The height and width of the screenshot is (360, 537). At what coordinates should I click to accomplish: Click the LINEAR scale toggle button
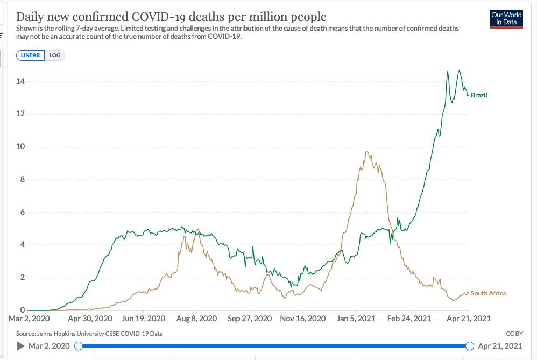click(x=31, y=55)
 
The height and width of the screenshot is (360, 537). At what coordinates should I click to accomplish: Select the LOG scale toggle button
click(x=55, y=55)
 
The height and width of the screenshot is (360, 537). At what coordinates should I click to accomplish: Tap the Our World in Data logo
click(x=506, y=18)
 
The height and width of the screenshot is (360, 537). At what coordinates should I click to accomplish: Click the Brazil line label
click(x=479, y=95)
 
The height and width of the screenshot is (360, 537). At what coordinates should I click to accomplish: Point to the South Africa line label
click(x=488, y=293)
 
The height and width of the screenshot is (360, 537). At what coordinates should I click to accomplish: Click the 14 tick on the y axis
click(x=20, y=82)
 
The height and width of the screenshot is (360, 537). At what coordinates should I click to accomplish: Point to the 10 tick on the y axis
click(x=20, y=147)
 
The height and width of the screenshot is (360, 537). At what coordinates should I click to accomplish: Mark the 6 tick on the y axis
click(x=22, y=213)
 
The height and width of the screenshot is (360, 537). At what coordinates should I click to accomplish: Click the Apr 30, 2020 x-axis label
click(x=90, y=319)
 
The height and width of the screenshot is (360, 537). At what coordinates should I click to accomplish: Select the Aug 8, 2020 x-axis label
click(x=196, y=319)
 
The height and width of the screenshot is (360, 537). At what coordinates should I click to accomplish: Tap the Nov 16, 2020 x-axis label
click(x=303, y=319)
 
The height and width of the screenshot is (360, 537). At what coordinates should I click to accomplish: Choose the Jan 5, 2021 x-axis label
click(x=356, y=319)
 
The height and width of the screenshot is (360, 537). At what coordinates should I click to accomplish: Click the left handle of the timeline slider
click(x=79, y=346)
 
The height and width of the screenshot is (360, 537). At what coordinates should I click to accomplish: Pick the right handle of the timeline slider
click(x=469, y=346)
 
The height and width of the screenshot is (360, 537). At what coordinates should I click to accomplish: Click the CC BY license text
click(x=514, y=334)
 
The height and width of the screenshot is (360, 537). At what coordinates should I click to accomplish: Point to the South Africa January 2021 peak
click(x=366, y=152)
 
